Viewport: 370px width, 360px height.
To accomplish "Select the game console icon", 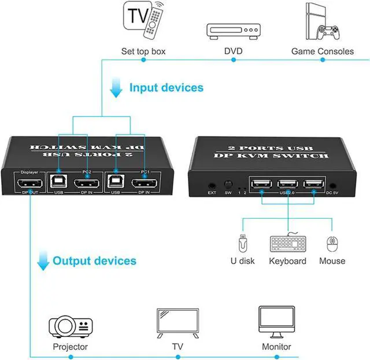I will click(x=322, y=22).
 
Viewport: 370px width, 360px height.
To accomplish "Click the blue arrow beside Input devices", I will click(x=116, y=87).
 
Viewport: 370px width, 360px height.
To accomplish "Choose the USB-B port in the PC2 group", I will click(x=58, y=184).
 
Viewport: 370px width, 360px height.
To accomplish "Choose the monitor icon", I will click(x=276, y=322).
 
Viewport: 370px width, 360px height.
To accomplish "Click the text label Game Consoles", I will click(x=322, y=52).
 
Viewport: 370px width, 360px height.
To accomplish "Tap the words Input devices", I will click(x=166, y=88).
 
